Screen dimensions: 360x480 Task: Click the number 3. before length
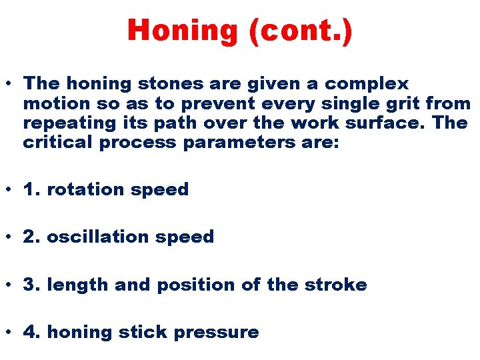point(31,285)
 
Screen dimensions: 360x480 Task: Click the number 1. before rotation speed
point(31,189)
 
